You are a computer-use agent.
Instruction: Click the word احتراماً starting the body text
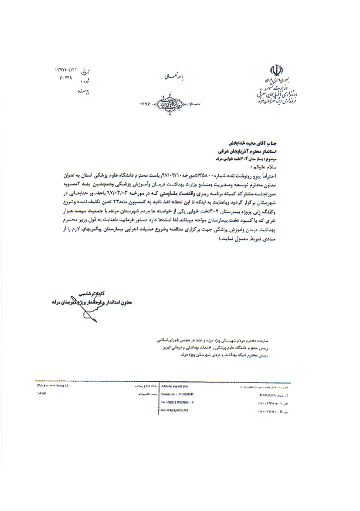[x=287, y=175]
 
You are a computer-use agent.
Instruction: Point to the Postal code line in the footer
[x=185, y=394]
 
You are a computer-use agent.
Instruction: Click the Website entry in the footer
[x=53, y=386]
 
